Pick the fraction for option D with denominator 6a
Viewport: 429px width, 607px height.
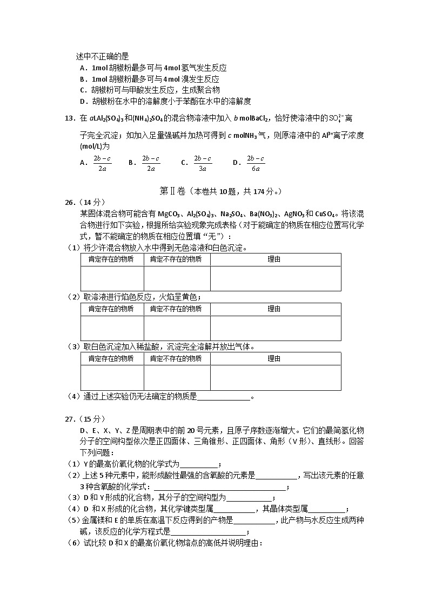coord(256,163)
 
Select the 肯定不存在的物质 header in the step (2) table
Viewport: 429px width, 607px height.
coord(176,309)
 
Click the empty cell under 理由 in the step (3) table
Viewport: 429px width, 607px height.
coord(275,378)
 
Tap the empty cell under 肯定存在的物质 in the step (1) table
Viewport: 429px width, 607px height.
coord(112,278)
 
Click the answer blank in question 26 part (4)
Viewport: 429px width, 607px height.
coord(224,397)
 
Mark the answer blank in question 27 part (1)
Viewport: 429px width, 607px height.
coord(198,464)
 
